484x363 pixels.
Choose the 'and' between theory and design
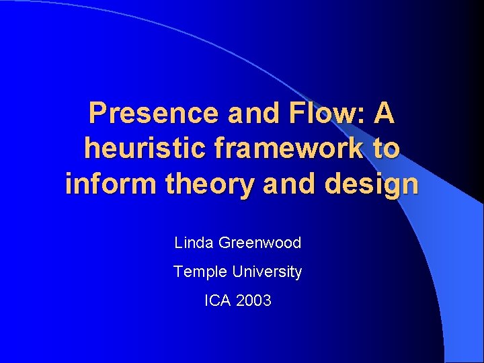pos(290,183)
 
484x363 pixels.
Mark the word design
pos(371,184)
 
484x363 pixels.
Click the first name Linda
pos(194,243)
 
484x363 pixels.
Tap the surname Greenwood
pos(261,243)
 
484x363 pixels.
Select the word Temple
pos(200,272)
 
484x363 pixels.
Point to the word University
pos(268,272)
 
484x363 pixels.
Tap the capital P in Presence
pos(98,114)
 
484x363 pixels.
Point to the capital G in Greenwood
pos(225,243)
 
